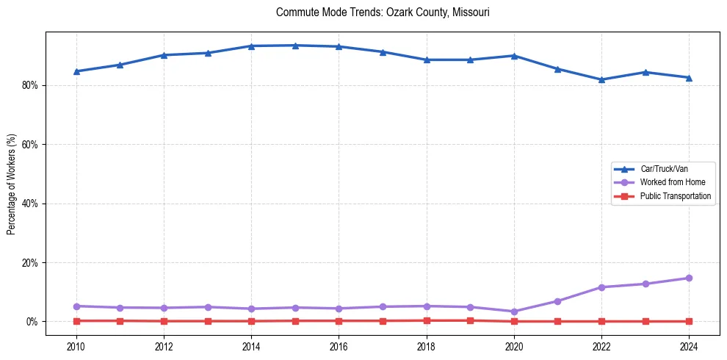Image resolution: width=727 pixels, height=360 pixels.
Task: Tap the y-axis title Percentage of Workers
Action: [x=11, y=184]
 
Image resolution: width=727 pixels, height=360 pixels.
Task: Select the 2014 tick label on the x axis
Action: [x=251, y=346]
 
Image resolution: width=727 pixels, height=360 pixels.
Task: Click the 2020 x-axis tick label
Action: [x=514, y=346]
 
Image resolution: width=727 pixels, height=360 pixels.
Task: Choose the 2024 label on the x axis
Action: [x=689, y=346]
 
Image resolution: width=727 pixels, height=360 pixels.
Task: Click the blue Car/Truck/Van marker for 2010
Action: [x=76, y=71]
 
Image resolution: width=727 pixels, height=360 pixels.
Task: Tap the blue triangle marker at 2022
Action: [x=601, y=79]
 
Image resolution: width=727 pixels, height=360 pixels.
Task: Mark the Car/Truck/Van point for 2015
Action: [x=295, y=46]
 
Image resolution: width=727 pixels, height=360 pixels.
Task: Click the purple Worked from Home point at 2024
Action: [x=689, y=278]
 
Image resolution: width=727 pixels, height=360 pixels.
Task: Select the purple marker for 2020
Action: [x=514, y=312]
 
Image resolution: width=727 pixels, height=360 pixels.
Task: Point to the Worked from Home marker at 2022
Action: [x=601, y=287]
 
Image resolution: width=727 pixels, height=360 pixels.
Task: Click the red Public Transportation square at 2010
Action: [x=76, y=320]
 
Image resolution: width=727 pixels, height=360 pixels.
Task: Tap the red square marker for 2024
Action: [x=689, y=321]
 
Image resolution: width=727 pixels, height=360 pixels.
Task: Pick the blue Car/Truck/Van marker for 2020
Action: [x=514, y=56]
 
